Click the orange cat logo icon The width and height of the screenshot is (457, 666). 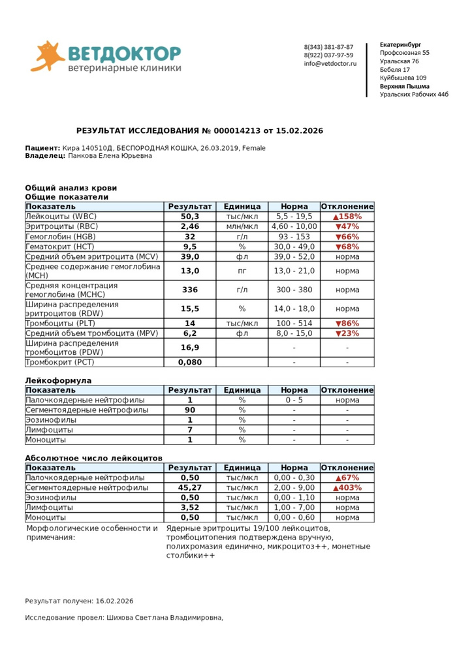click(x=48, y=55)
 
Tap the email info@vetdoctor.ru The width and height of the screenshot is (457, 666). click(x=330, y=63)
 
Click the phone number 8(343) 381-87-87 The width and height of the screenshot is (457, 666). click(x=328, y=47)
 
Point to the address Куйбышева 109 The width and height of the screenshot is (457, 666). click(x=403, y=78)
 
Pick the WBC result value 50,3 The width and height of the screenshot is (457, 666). click(x=189, y=217)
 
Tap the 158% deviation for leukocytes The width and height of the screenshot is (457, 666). click(x=347, y=217)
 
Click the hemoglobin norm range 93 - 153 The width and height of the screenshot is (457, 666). click(x=294, y=237)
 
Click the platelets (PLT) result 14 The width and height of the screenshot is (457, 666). click(x=189, y=324)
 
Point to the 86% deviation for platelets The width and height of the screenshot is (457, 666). click(x=347, y=324)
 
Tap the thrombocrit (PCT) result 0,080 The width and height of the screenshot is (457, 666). click(x=189, y=362)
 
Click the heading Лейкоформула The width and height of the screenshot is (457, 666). click(x=58, y=380)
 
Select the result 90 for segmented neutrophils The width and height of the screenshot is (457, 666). click(x=189, y=410)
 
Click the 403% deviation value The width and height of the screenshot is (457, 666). click(x=347, y=487)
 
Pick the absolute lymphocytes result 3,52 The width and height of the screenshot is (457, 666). click(x=189, y=507)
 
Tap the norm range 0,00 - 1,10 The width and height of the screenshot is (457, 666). click(x=294, y=498)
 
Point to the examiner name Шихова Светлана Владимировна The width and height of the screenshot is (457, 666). click(x=165, y=618)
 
